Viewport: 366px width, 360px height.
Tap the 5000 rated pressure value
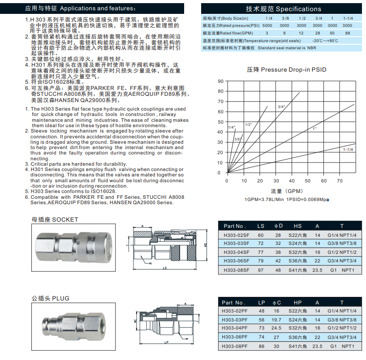point(267,26)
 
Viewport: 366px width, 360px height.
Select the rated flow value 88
point(347,33)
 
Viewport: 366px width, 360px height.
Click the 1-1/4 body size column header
point(347,18)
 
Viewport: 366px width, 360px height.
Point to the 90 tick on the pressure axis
point(220,81)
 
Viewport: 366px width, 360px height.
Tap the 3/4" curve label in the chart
point(281,107)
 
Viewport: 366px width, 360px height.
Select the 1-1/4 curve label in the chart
point(348,149)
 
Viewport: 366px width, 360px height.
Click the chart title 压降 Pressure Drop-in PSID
point(287,70)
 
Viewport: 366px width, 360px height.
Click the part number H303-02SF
point(236,235)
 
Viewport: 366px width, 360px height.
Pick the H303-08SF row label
point(236,270)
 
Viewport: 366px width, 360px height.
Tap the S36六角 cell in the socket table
point(297,261)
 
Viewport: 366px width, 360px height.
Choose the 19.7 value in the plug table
point(277,320)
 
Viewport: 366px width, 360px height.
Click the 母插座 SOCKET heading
point(55,219)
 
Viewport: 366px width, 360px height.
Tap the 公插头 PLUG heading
point(50,298)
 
